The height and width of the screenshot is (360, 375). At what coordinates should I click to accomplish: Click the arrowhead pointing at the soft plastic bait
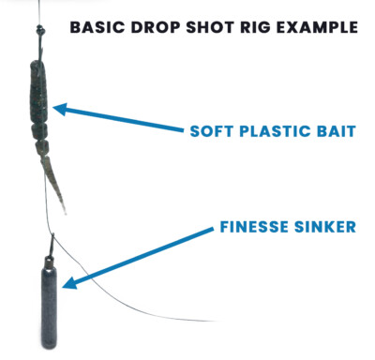coord(59,110)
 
